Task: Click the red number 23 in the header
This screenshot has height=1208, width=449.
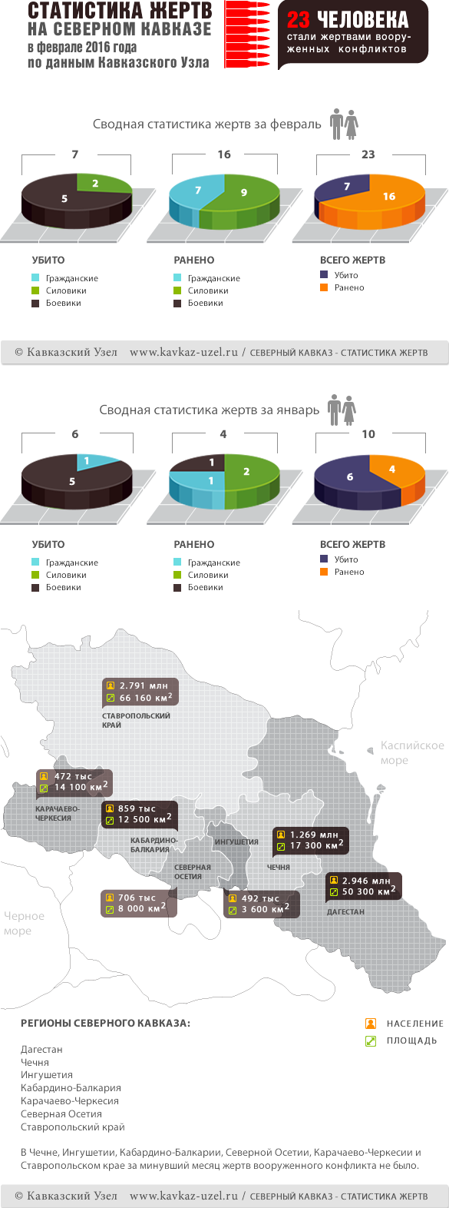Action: pos(299,19)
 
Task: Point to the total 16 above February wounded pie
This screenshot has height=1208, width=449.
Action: pos(224,154)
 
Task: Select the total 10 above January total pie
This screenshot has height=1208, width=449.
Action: pos(368,434)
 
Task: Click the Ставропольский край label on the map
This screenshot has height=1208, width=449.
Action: pos(136,720)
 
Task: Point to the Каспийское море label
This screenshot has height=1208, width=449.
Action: pos(411,752)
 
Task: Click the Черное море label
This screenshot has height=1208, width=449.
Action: pos(24,923)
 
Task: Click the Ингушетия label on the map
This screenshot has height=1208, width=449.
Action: pos(236,842)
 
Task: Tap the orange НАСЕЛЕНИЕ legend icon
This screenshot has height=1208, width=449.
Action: pos(371,1024)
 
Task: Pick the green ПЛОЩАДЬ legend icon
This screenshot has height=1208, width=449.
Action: pos(371,1040)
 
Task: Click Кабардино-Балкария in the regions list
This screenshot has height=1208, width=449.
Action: pos(71,1088)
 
